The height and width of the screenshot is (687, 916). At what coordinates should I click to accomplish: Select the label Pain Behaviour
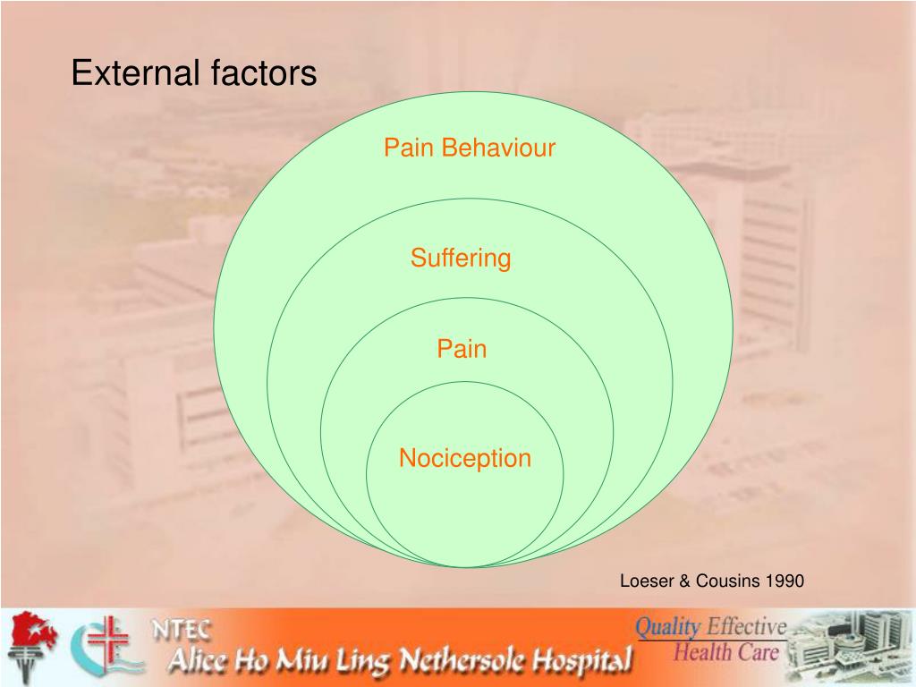pos(470,148)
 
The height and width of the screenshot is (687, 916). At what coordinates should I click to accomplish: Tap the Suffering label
pos(461,259)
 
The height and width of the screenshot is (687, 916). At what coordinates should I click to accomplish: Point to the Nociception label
pos(464,459)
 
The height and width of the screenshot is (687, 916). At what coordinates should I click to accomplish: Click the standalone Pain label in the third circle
pos(462,349)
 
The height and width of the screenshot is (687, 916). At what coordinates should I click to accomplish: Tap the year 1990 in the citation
pos(785,581)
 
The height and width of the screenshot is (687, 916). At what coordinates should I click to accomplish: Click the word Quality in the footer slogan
pos(666,628)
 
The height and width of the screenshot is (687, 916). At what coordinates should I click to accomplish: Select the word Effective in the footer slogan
pos(746,626)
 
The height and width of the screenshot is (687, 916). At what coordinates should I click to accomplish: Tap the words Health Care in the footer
pos(725,652)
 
